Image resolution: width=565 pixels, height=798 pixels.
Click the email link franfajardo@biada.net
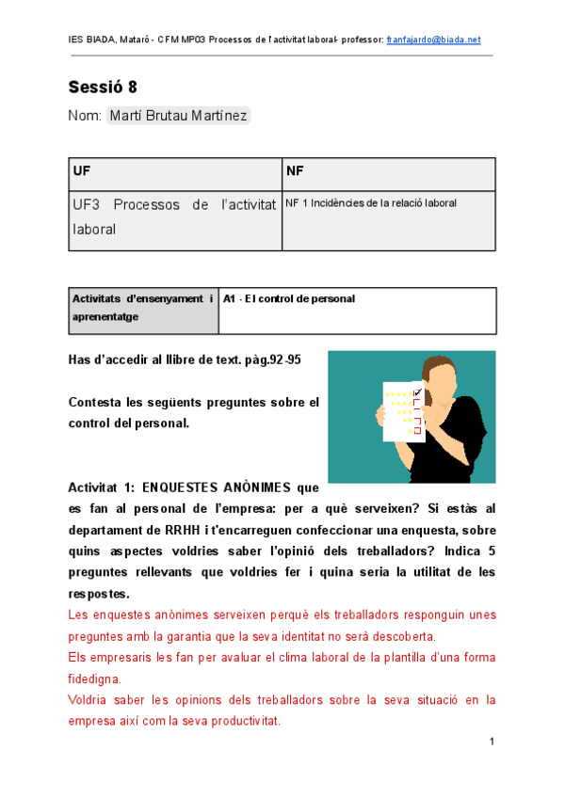(433, 40)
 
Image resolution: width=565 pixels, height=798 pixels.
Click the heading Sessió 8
(103, 88)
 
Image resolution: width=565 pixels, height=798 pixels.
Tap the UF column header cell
(175, 174)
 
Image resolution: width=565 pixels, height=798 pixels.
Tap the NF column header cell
(389, 174)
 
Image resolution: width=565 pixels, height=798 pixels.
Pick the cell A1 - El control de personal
(290, 299)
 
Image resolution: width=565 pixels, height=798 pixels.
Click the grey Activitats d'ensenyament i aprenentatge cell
(143, 309)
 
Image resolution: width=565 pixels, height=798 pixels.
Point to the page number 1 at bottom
(492, 743)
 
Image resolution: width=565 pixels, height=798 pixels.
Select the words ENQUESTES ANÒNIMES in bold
(219, 487)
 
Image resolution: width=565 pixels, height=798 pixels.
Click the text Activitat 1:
(99, 487)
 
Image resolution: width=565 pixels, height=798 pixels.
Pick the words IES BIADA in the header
(90, 40)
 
